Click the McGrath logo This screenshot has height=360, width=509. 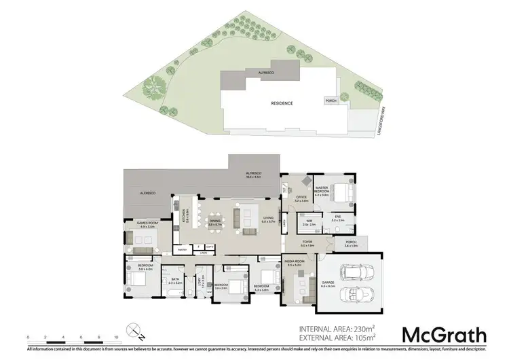click(444, 335)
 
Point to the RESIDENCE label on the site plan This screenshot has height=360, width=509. click(282, 103)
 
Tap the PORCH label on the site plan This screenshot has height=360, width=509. click(331, 101)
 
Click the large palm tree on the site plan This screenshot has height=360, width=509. click(153, 88)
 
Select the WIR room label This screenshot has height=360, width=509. click(307, 220)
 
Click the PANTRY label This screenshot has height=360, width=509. click(182, 250)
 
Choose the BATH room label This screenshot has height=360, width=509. click(174, 279)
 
